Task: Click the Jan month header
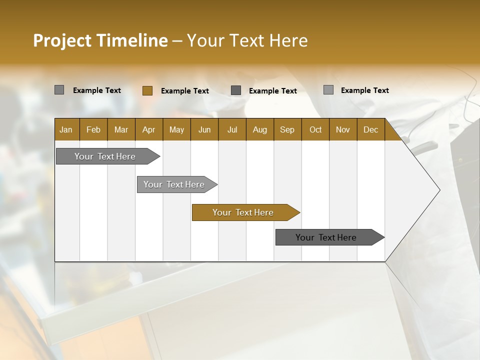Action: (x=66, y=129)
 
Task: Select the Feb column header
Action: (x=93, y=129)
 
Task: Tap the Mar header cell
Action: (x=121, y=129)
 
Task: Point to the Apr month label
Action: (x=148, y=129)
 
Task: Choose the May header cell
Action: (x=176, y=129)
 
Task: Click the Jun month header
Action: (x=204, y=129)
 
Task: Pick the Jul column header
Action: (x=232, y=129)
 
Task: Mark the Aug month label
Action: (x=259, y=129)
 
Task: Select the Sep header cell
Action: (x=287, y=129)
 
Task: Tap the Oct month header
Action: (x=315, y=129)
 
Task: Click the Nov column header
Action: (x=343, y=129)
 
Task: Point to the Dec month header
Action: (x=370, y=129)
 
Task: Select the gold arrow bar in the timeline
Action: (x=243, y=212)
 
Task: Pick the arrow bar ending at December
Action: (x=327, y=237)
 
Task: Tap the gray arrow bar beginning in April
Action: (x=175, y=184)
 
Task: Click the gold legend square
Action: (x=147, y=90)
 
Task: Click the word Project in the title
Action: (x=62, y=40)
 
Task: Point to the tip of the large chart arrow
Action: (x=439, y=190)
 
